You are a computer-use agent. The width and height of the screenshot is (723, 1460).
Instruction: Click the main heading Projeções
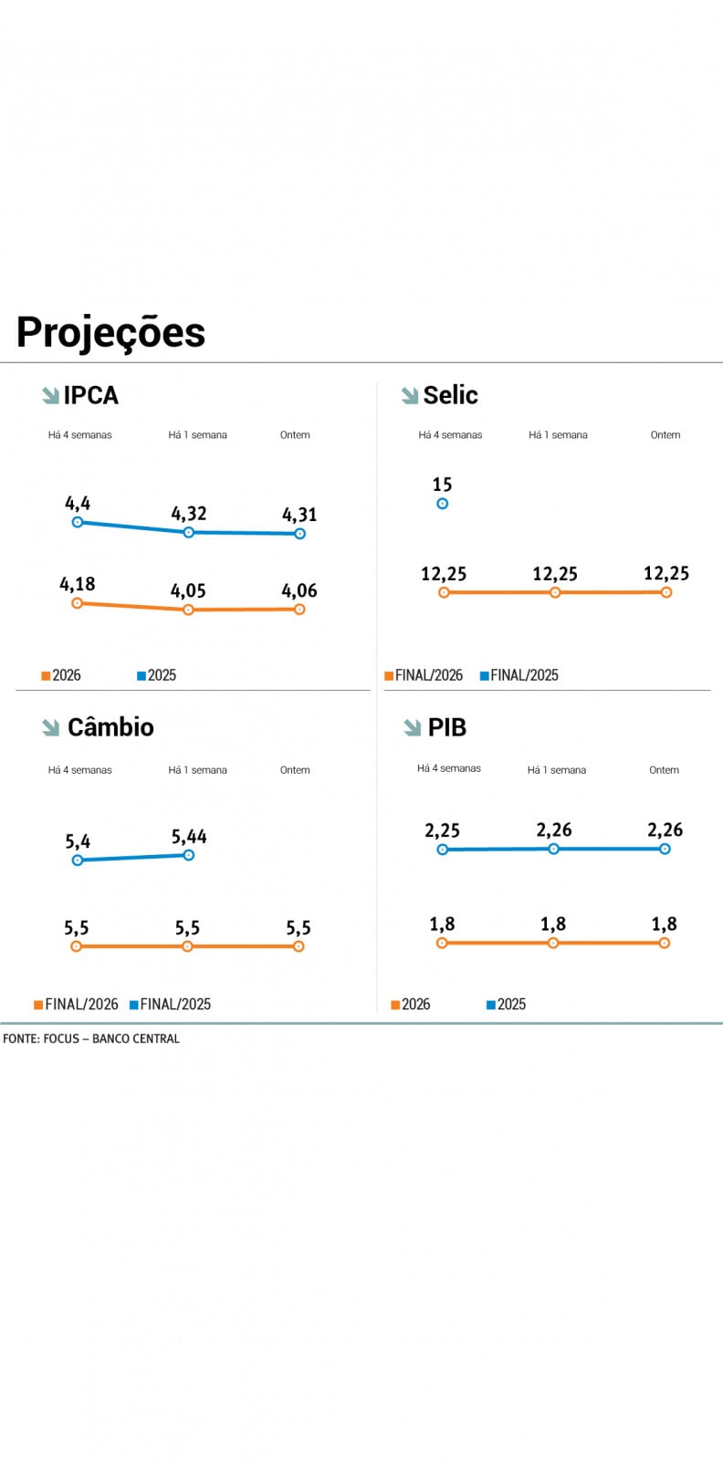[110, 332]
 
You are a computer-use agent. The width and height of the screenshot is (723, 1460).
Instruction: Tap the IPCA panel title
[91, 395]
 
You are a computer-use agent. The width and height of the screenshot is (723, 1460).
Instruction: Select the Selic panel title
[450, 395]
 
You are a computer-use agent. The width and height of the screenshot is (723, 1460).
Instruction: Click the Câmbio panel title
[110, 727]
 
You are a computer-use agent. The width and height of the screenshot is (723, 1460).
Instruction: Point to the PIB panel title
[447, 727]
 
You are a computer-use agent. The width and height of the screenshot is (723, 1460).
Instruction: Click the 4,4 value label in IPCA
[78, 503]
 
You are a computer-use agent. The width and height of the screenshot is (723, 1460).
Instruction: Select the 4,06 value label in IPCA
[299, 590]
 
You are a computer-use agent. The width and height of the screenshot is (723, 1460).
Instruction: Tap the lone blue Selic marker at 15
[443, 503]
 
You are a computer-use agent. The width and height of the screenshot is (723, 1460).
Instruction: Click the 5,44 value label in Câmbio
[189, 837]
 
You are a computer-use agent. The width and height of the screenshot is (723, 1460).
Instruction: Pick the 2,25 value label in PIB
[442, 830]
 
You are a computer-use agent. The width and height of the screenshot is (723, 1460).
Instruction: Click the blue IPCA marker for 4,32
[189, 532]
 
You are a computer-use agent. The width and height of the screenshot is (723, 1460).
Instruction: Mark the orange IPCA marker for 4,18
[78, 603]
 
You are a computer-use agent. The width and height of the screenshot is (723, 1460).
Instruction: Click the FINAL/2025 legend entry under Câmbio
[171, 1004]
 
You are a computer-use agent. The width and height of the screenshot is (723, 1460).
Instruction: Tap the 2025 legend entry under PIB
[507, 1004]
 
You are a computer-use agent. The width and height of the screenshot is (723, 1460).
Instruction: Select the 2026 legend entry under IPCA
[61, 675]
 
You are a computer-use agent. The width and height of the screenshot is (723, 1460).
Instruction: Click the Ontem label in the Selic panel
[665, 435]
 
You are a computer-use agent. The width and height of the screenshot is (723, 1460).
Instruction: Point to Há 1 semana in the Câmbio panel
[197, 770]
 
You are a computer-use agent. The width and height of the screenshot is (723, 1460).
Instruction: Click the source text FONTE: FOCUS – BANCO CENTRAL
[91, 1038]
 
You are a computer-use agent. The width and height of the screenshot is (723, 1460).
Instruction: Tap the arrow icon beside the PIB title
[412, 727]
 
